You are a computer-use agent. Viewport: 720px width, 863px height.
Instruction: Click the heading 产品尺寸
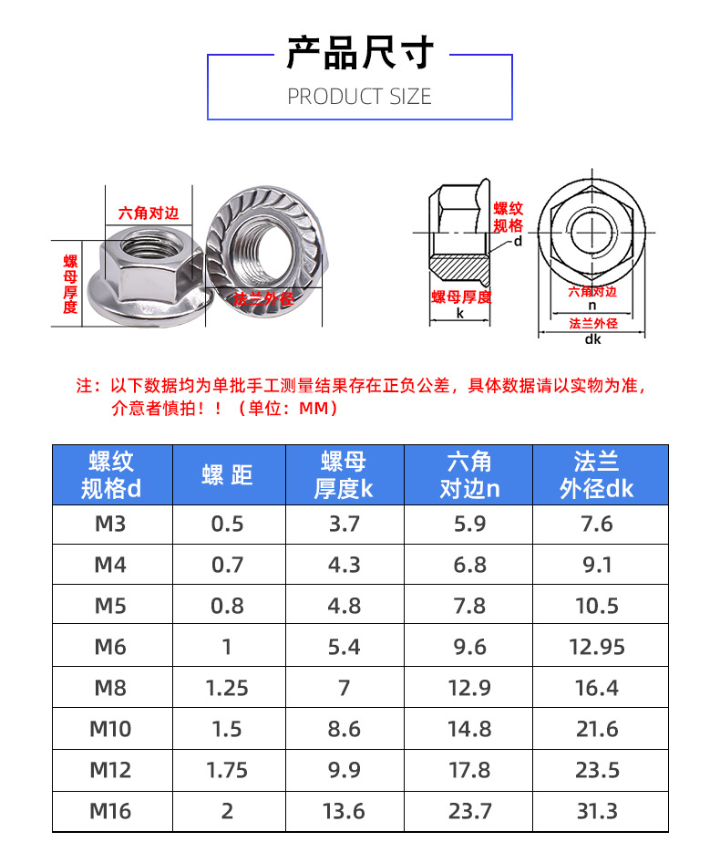(x=359, y=53)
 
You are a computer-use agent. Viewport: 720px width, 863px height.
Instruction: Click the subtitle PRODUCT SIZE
(x=359, y=97)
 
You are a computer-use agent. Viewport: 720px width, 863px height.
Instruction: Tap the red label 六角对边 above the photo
(x=149, y=213)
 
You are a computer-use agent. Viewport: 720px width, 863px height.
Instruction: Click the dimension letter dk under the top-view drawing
(x=592, y=340)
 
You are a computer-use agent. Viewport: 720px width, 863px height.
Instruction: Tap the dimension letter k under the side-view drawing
(x=460, y=313)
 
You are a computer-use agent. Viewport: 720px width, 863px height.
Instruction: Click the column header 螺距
(x=228, y=474)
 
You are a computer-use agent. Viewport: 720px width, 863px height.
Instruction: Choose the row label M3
(x=110, y=525)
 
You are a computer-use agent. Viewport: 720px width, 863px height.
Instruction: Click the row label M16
(x=110, y=811)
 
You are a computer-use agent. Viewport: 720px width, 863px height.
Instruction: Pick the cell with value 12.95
(x=597, y=647)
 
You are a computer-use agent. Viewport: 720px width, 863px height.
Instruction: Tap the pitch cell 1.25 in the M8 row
(x=228, y=688)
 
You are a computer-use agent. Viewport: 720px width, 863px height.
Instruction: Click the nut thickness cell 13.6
(x=344, y=811)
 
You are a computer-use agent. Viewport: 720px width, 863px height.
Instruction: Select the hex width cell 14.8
(x=469, y=729)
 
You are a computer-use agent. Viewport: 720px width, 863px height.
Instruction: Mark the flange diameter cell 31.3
(x=597, y=811)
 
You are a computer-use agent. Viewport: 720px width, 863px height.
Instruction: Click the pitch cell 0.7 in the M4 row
(x=228, y=566)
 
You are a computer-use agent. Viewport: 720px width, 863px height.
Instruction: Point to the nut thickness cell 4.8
(x=344, y=607)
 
